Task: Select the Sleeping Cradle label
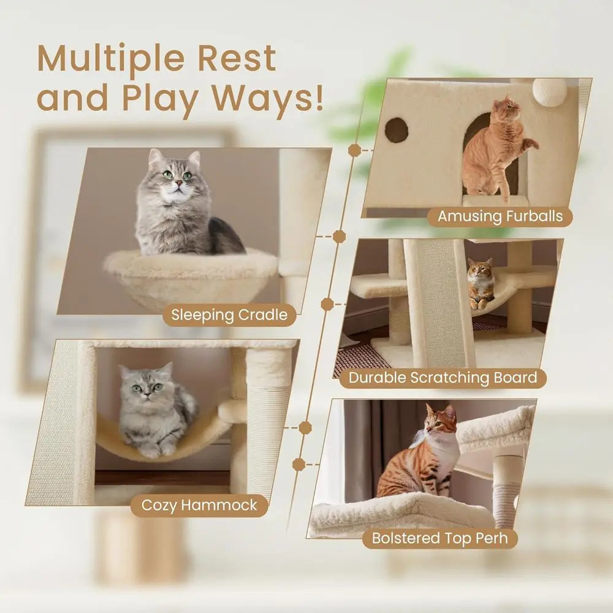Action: tap(229, 315)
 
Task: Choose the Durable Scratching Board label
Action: tap(443, 377)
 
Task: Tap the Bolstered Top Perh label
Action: tap(440, 538)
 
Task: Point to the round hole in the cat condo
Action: tap(396, 130)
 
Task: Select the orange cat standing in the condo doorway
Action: tap(493, 147)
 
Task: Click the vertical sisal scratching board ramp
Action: tap(440, 300)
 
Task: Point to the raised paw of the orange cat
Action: tap(528, 145)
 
